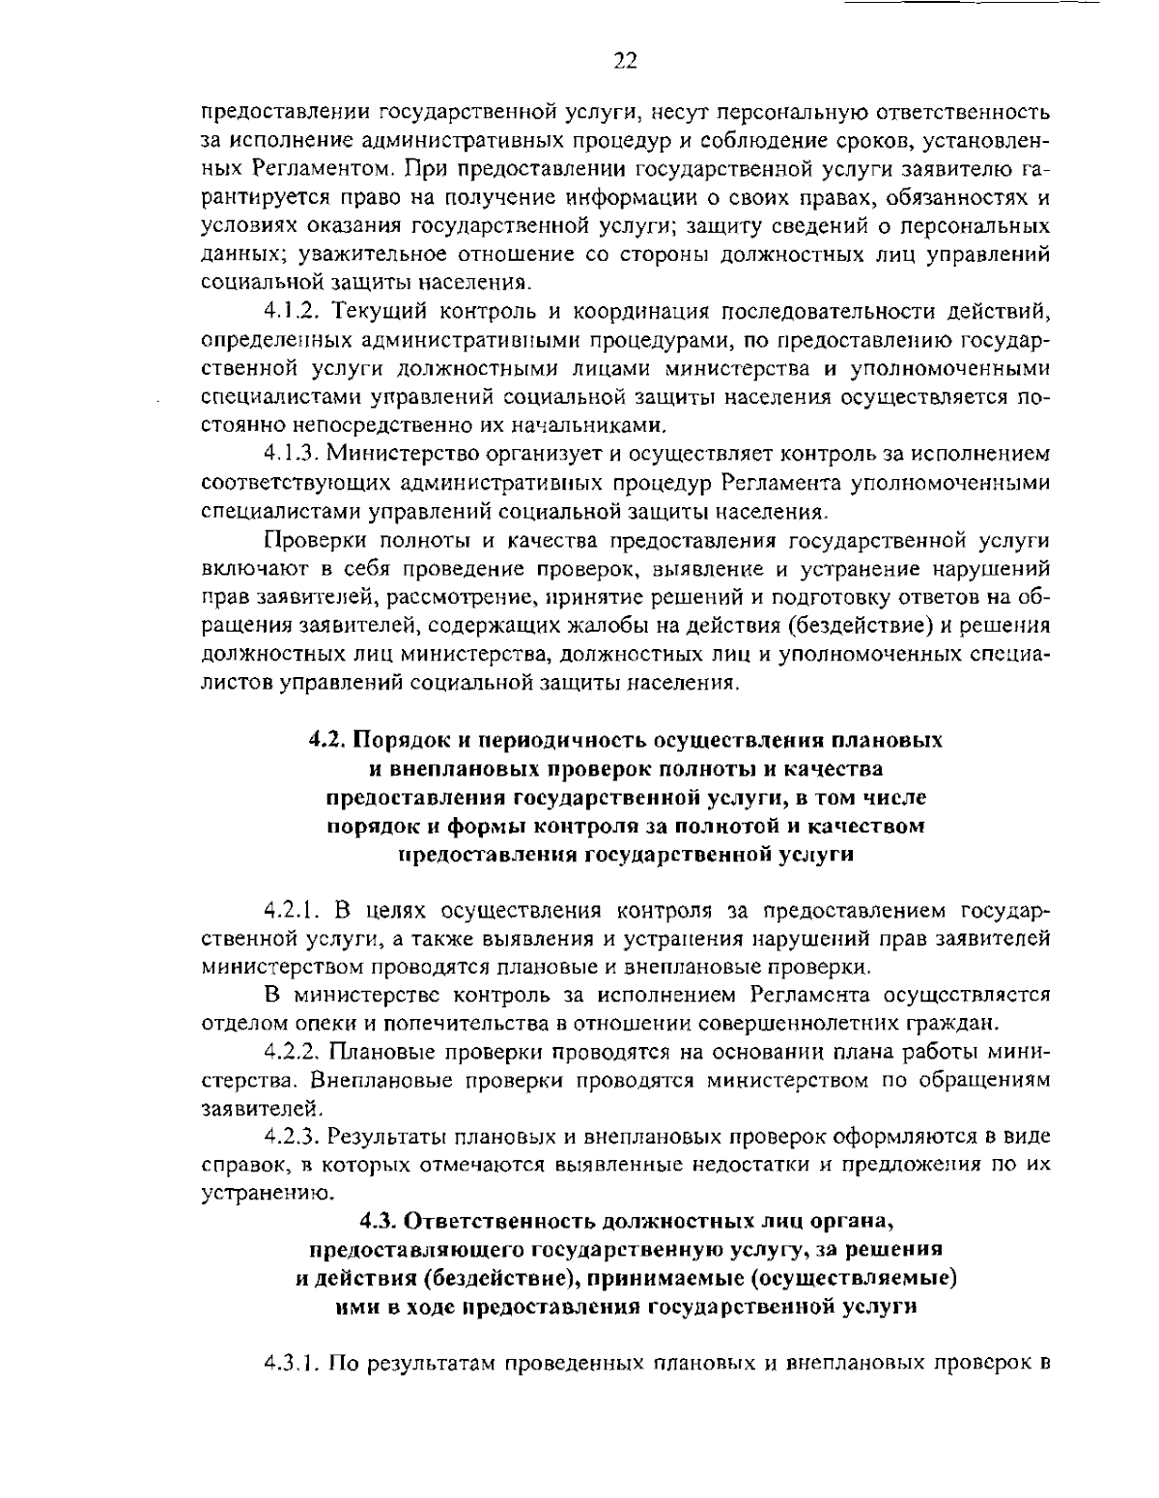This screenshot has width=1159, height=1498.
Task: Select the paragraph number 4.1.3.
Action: coord(291,453)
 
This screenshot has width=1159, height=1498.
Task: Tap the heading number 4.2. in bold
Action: coord(328,741)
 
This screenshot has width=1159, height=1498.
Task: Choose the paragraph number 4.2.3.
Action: coord(291,1135)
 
